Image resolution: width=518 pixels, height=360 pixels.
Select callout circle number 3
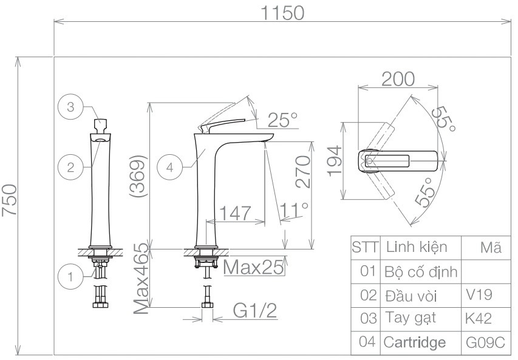[70, 107]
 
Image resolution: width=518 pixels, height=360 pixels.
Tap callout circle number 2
[70, 167]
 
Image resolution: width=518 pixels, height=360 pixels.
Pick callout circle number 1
[70, 277]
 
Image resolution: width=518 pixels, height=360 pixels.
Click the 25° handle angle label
[282, 120]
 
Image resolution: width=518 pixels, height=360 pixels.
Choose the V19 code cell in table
[479, 295]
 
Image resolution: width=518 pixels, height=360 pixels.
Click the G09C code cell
[485, 342]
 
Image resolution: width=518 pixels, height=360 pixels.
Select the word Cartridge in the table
[414, 342]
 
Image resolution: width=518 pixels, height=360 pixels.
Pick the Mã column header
[490, 248]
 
